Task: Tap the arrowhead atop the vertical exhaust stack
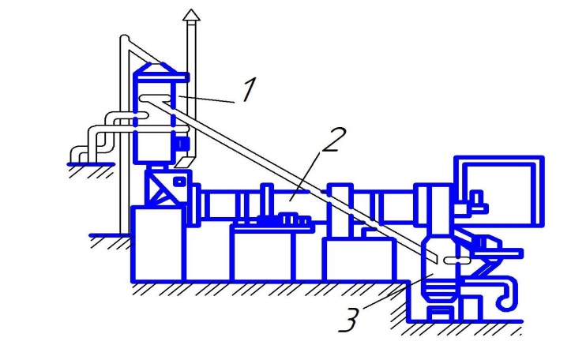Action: [190, 15]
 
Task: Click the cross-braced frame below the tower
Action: [163, 189]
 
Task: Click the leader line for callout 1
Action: [209, 96]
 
